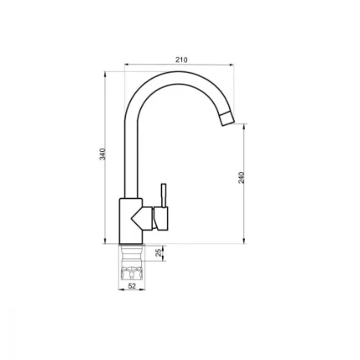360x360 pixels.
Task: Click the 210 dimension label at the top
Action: [x=181, y=59]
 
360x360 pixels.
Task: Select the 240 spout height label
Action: [x=241, y=178]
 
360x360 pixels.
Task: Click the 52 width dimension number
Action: [x=131, y=286]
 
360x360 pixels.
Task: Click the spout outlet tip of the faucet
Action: [x=226, y=119]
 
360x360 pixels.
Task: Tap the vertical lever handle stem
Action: [x=164, y=195]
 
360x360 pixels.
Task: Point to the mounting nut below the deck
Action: [x=131, y=271]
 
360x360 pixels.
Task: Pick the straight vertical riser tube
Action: [x=127, y=159]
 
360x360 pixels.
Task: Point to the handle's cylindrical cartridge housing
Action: [x=162, y=219]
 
